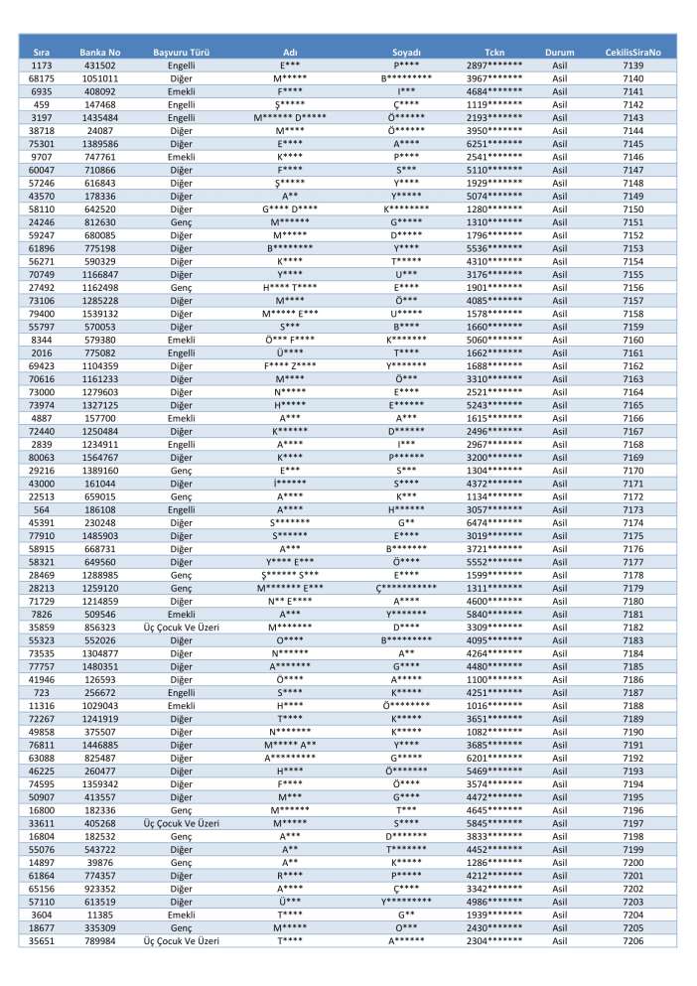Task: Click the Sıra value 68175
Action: pos(42,77)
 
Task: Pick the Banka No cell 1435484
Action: pos(100,117)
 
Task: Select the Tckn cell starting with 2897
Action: pos(493,65)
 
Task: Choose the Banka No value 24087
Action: pos(100,130)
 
